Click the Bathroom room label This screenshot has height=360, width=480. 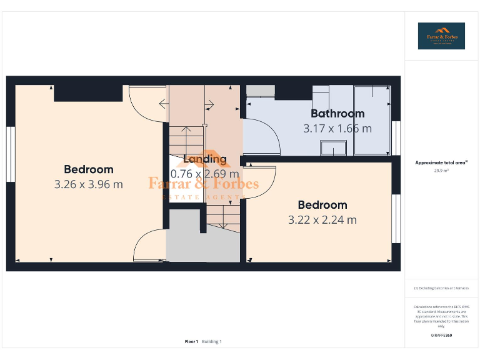click(337, 114)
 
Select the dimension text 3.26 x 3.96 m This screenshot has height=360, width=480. click(88, 184)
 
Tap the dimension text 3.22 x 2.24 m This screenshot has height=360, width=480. click(322, 220)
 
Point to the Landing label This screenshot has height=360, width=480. click(204, 159)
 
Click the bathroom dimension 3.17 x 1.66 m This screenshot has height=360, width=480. click(337, 129)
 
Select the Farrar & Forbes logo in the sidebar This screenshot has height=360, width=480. click(442, 36)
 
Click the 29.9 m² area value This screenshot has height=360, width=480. click(442, 170)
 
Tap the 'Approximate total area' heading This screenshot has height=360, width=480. click(441, 162)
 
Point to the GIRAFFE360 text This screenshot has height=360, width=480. click(441, 336)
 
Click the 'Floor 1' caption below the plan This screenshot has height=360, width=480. click(191, 341)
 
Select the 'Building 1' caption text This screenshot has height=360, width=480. click(211, 341)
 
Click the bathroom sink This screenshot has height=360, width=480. click(333, 147)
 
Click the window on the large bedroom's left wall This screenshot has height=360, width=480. click(11, 154)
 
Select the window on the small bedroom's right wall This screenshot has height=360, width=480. click(395, 219)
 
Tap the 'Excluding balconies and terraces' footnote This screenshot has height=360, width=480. click(441, 288)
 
